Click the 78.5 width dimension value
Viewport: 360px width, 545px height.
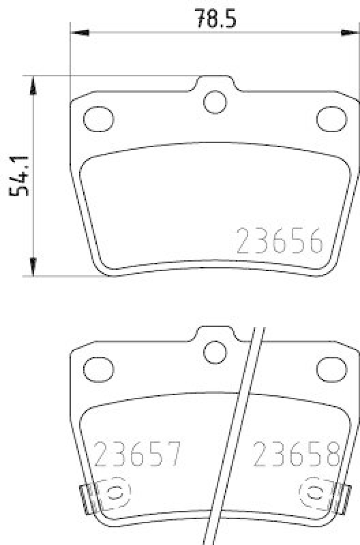tap(215, 17)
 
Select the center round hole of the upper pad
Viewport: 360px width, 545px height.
tap(215, 102)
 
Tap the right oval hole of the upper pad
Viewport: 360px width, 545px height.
tap(332, 118)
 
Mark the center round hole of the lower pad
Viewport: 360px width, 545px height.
tap(215, 352)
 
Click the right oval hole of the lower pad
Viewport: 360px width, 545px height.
tap(332, 369)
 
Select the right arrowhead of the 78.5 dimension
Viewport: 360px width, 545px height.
tap(351, 31)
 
